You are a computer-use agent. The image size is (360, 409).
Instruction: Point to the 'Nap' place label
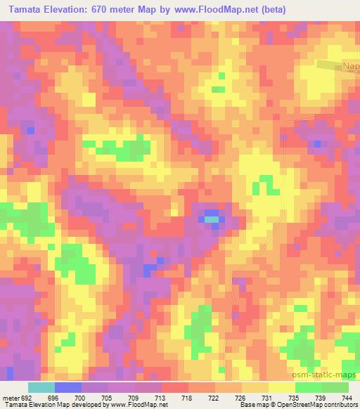[350, 66]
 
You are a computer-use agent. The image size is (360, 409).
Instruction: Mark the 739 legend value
[321, 396]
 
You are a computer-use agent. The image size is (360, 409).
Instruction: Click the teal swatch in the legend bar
[41, 387]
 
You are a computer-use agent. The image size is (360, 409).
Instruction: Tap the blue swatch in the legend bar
[67, 387]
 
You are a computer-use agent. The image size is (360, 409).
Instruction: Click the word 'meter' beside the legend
[10, 396]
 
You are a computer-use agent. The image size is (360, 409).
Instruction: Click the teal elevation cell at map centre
[212, 219]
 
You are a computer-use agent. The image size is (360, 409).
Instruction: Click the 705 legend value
[108, 396]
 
